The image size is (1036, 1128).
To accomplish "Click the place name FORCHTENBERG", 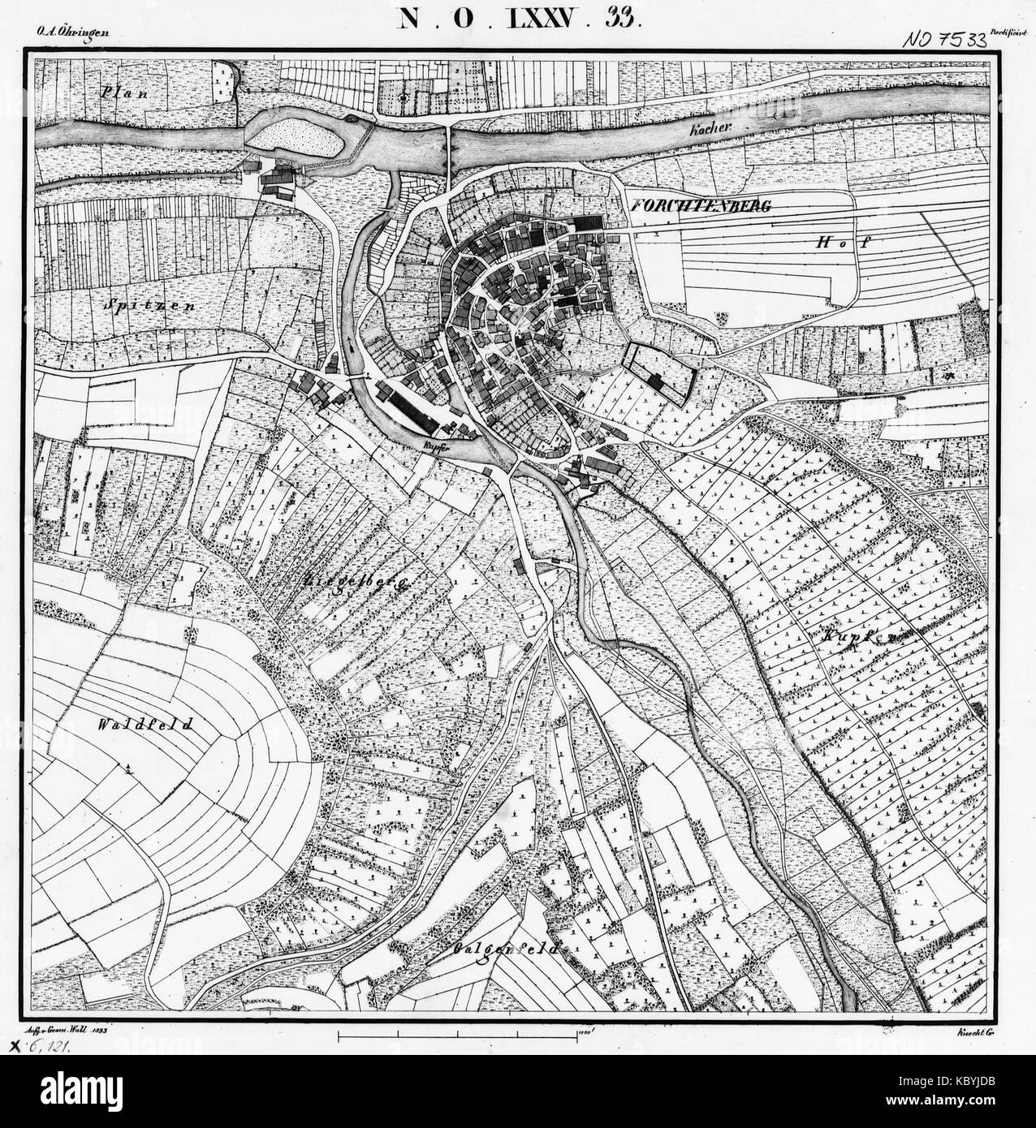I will click(699, 207).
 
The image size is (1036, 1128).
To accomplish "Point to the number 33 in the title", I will click(622, 18).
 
